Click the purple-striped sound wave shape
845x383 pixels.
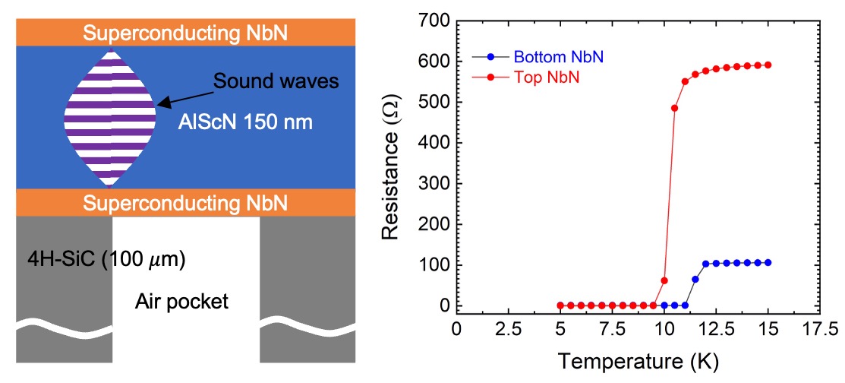tap(110, 118)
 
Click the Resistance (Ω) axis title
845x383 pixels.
tap(393, 163)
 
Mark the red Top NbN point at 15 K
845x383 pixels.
tap(768, 65)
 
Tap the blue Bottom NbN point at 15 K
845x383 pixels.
tap(768, 263)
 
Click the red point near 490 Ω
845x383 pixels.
tap(674, 108)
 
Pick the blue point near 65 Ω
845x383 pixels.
tap(695, 280)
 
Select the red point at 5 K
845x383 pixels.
tap(561, 305)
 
